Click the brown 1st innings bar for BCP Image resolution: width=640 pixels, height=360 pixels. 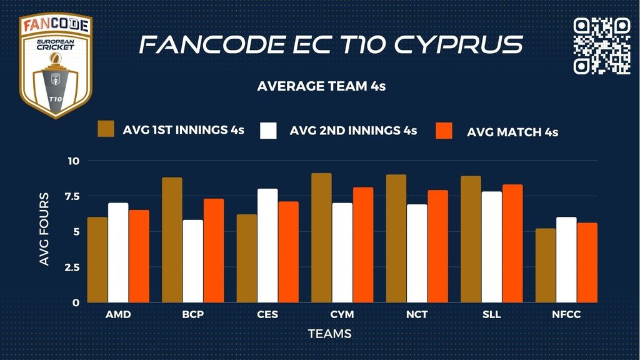click(172, 240)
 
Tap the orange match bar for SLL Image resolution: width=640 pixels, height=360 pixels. click(512, 244)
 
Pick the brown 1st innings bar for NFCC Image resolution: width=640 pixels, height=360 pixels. click(546, 266)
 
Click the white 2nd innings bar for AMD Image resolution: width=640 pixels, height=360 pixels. click(118, 252)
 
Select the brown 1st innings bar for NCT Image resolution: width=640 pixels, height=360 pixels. click(396, 239)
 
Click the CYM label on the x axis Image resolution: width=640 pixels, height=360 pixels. click(342, 314)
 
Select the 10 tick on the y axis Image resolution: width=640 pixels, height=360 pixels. click(74, 161)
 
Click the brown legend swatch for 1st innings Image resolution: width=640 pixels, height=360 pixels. click(107, 129)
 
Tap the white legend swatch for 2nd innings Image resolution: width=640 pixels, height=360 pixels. click(268, 130)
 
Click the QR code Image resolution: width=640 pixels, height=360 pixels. click(602, 46)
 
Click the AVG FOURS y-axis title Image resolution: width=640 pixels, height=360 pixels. click(44, 229)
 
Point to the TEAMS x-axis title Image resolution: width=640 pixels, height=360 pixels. click(330, 334)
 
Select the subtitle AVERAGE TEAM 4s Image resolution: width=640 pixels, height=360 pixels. click(321, 86)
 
